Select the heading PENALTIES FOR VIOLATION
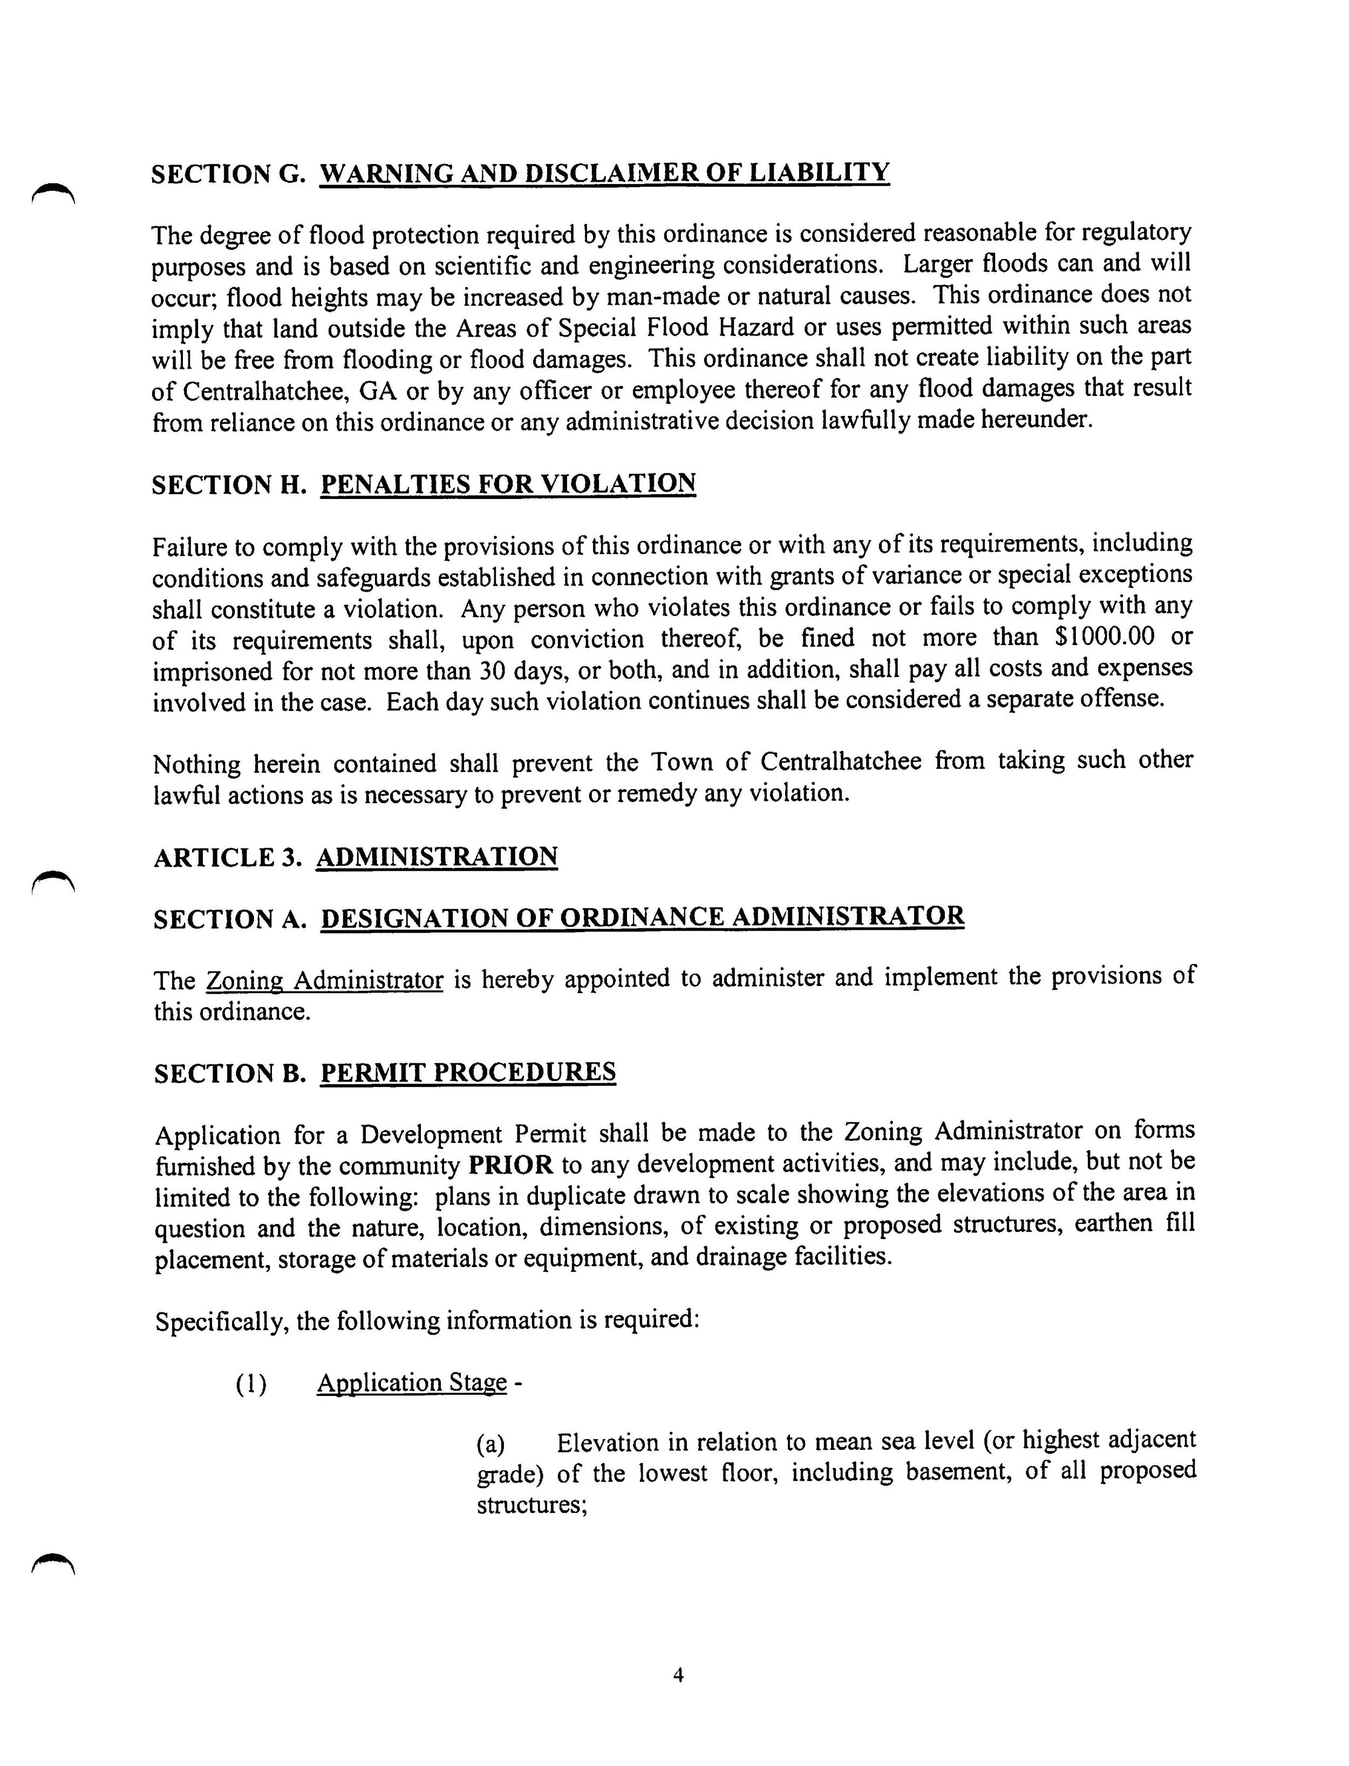(x=507, y=484)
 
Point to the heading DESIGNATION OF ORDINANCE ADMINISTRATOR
(x=642, y=918)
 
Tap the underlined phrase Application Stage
(x=411, y=1383)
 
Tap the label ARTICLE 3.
(x=227, y=858)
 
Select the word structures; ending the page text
(x=532, y=1506)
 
